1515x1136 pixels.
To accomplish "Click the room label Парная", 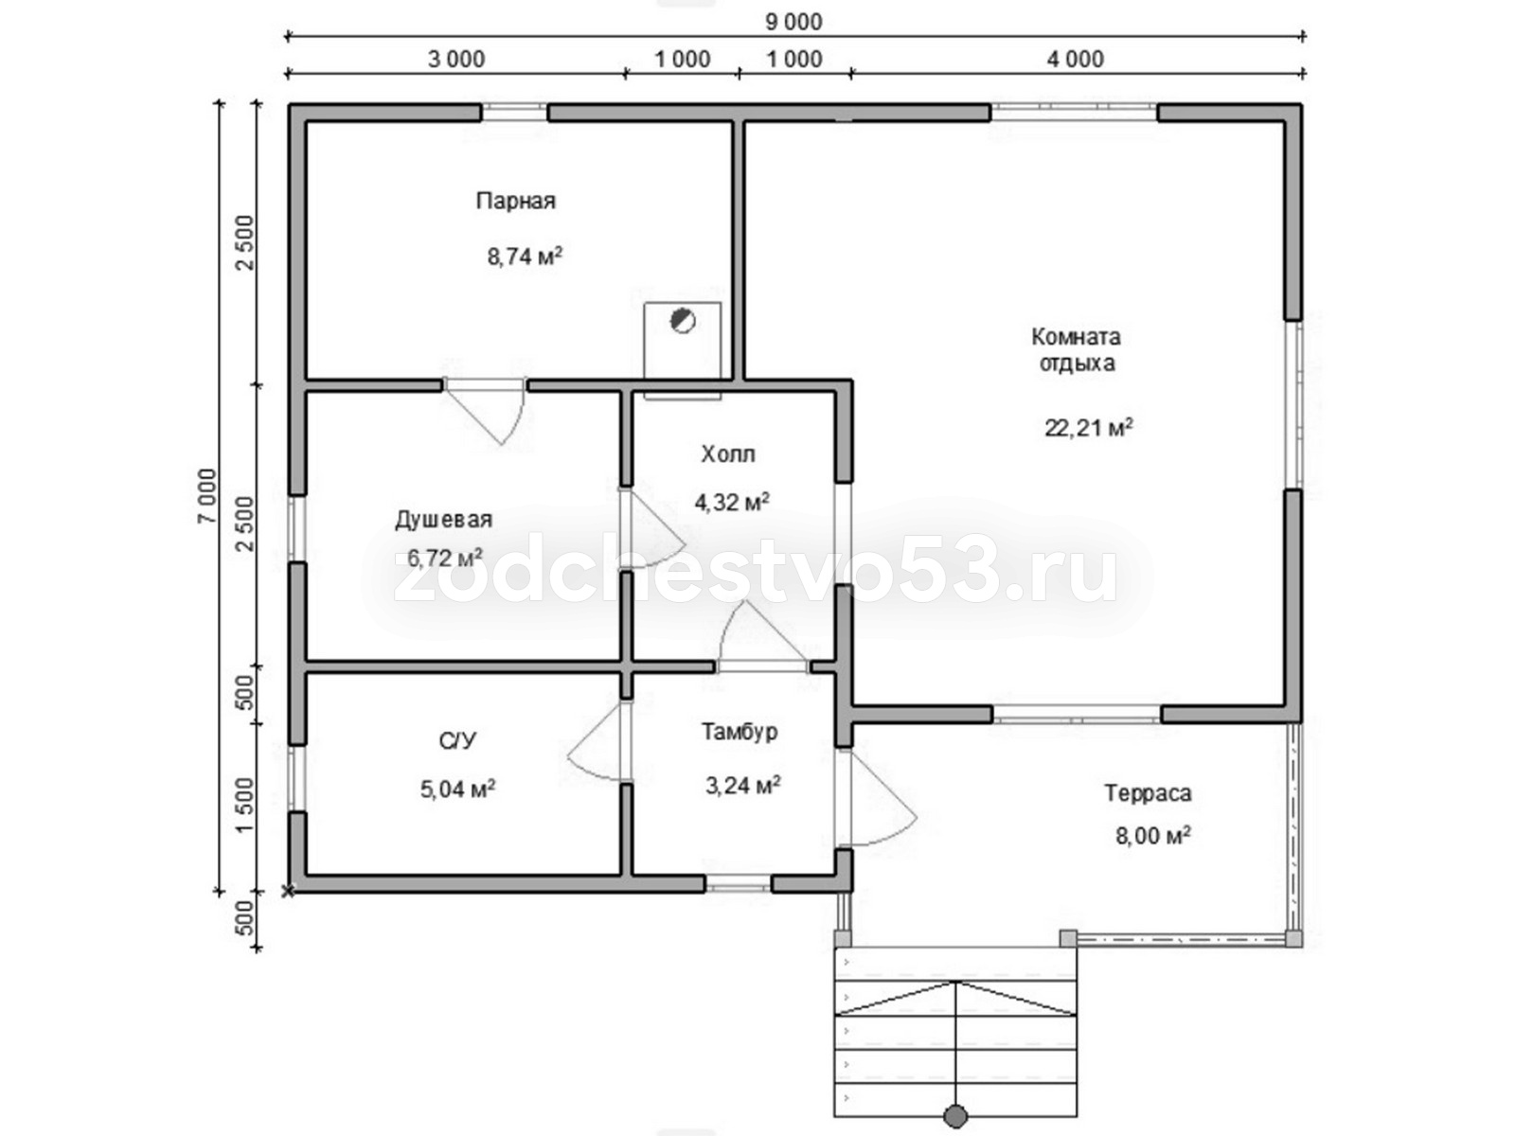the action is (516, 202).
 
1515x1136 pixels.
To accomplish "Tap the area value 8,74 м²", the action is (525, 256).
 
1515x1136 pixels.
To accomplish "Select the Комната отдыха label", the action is (1076, 349).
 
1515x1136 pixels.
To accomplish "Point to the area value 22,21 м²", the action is (1089, 428).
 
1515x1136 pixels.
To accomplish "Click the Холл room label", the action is (728, 453).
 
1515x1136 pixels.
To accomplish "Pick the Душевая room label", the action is (444, 520).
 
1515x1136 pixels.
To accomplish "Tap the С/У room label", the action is (457, 741).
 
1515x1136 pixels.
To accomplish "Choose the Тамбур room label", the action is (740, 732).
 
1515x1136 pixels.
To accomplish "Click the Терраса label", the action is (1148, 794).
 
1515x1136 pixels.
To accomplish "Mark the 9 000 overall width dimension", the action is (793, 22).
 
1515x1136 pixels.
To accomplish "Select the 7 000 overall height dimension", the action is (206, 497).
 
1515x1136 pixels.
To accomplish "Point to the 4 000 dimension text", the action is (1076, 60).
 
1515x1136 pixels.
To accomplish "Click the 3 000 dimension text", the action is (456, 60).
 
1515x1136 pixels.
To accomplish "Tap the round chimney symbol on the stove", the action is (683, 321).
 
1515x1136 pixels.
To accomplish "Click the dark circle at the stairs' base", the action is (955, 1115).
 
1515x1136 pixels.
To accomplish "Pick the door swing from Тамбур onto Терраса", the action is (877, 798).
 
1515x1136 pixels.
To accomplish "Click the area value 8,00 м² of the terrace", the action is (1153, 836).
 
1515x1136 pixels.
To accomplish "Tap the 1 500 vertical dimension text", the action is (245, 805).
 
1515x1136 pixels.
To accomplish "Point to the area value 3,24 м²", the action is (743, 785).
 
